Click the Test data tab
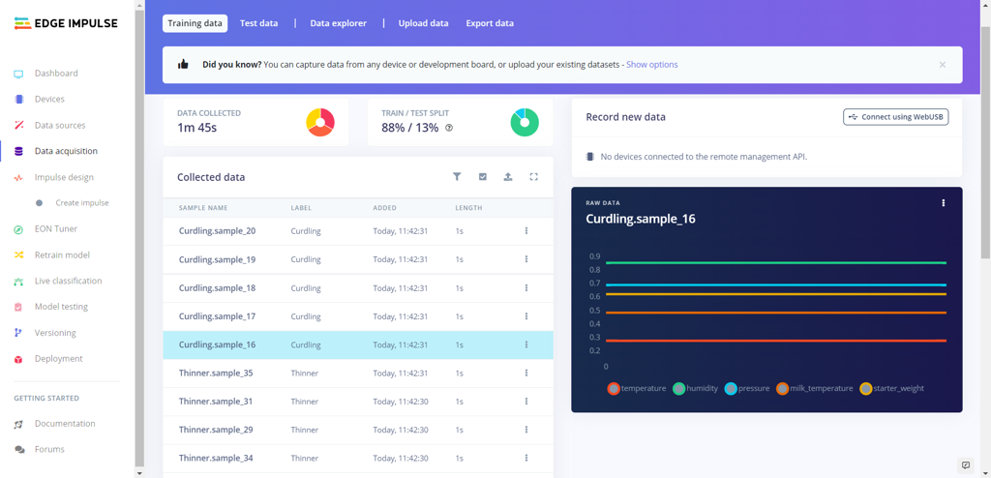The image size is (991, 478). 258,23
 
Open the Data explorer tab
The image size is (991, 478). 338,23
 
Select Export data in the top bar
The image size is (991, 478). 490,23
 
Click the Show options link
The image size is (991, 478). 651,65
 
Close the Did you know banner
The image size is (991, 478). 942,65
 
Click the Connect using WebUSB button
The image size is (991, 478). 895,117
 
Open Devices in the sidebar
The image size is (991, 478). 49,99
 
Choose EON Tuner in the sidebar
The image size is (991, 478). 55,229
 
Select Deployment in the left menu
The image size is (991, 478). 58,359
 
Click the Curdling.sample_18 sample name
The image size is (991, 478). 217,288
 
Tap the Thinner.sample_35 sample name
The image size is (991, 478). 216,373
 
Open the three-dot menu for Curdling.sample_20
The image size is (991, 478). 526,231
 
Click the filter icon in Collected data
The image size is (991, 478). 457,177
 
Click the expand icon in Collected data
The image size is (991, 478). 533,177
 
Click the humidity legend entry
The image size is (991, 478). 696,389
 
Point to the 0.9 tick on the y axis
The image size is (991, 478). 594,256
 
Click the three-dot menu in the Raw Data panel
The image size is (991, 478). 943,203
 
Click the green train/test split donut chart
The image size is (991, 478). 524,122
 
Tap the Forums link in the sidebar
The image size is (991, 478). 49,450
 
